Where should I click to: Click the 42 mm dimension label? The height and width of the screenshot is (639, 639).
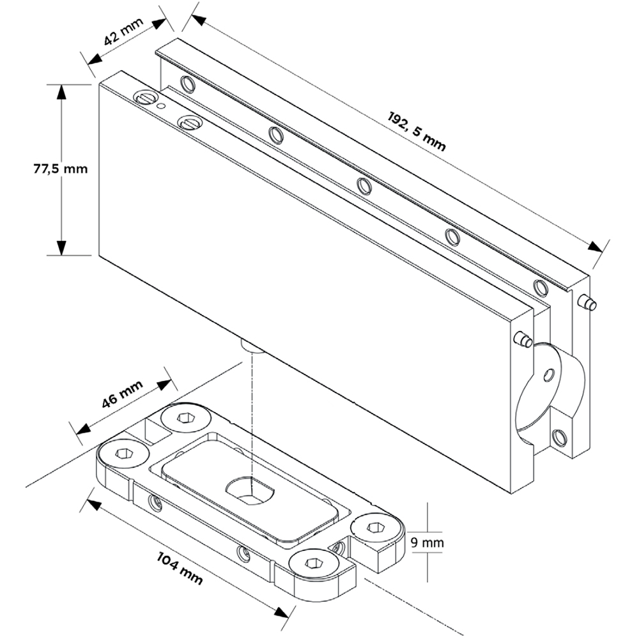click(123, 31)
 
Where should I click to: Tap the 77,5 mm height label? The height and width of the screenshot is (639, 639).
click(60, 169)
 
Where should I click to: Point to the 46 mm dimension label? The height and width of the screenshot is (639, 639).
click(122, 394)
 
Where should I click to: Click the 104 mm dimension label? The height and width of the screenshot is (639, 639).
click(180, 568)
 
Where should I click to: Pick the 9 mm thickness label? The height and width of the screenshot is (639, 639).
click(427, 543)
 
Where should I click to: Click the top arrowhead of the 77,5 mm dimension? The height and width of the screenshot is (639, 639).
click(61, 92)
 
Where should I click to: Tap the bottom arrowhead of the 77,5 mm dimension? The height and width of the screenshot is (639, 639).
click(61, 248)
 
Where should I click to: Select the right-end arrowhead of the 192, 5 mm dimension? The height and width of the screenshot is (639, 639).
click(595, 247)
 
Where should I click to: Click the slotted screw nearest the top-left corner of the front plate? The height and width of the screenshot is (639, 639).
click(146, 98)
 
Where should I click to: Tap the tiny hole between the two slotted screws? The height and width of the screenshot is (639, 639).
click(162, 106)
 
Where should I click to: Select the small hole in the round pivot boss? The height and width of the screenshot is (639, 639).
click(549, 375)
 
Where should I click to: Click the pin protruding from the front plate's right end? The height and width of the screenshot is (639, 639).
click(523, 339)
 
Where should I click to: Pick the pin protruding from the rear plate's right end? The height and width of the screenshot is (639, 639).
click(588, 304)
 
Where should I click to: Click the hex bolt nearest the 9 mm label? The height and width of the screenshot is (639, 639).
click(375, 528)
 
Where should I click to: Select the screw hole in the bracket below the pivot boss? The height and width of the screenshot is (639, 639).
click(559, 438)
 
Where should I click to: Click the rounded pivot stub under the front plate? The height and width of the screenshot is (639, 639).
click(252, 346)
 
